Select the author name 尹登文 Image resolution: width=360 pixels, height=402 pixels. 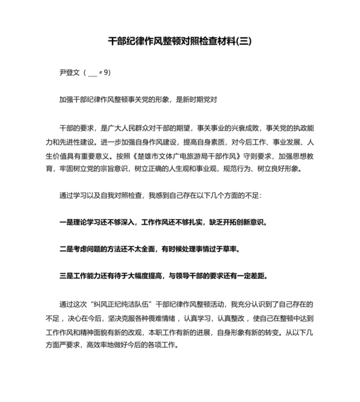[69, 73]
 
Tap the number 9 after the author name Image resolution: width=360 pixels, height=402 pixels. [107, 73]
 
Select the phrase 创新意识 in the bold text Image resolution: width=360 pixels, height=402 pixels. [248, 222]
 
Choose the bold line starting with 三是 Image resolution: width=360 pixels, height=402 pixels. [163, 276]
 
